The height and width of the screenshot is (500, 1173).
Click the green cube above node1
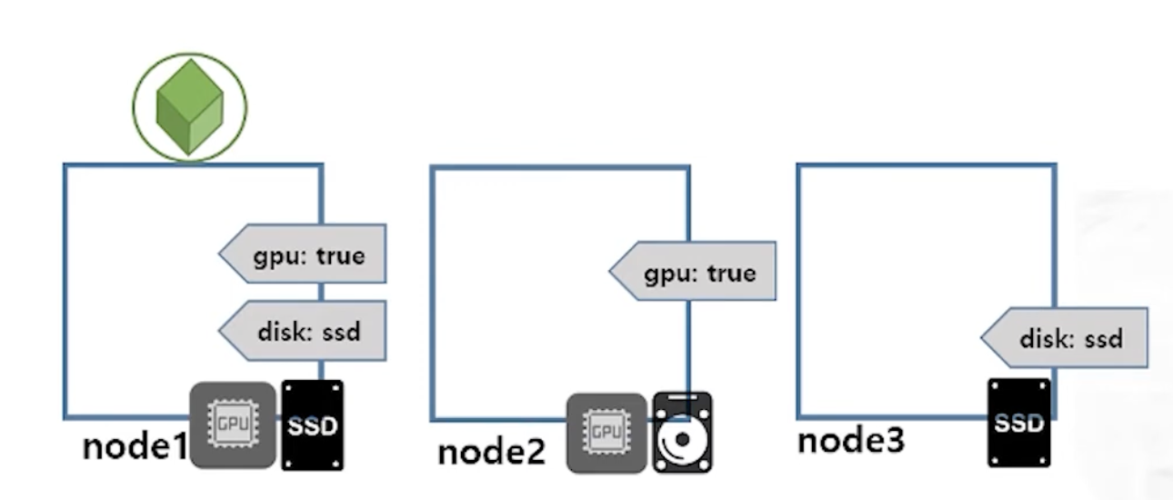189,106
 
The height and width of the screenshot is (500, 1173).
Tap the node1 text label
135,446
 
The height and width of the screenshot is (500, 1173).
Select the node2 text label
491,452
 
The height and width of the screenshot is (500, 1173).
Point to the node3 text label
851,440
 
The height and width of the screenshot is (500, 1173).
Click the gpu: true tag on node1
303,254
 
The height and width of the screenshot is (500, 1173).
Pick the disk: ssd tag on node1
303,331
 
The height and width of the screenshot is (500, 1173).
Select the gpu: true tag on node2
692,271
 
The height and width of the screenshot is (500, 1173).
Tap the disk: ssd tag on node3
1064,337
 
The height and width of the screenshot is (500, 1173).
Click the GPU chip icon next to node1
233,425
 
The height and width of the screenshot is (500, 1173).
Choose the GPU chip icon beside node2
607,433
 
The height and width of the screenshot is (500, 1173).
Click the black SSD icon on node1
313,425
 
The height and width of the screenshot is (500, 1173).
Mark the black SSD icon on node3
1019,423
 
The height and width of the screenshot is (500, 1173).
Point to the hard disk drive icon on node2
682,432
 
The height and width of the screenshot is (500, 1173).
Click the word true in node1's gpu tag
340,256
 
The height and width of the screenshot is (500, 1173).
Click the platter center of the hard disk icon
682,440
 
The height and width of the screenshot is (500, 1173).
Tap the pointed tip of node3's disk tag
981,337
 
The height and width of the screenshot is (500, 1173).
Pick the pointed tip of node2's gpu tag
609,271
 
